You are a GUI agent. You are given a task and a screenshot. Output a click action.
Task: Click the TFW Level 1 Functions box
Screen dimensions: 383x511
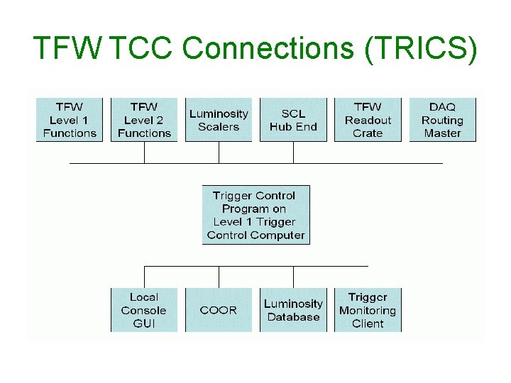[70, 120]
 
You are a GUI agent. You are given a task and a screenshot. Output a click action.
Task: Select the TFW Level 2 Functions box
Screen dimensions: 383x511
[144, 120]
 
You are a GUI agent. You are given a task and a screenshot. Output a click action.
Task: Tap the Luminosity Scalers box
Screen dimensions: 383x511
[219, 120]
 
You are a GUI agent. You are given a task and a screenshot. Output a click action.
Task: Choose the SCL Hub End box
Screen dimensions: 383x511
[293, 120]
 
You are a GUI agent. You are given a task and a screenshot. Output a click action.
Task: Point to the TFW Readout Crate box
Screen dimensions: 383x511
[368, 120]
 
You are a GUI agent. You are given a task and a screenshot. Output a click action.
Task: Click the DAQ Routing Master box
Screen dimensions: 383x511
[442, 120]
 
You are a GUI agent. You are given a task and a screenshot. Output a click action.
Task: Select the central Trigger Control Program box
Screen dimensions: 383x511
[255, 215]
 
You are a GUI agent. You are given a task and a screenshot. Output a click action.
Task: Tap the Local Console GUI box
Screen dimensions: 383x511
[144, 310]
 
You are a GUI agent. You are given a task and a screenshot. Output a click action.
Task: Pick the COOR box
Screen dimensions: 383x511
[219, 310]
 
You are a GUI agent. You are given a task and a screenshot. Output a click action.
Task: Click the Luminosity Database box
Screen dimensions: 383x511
[293, 310]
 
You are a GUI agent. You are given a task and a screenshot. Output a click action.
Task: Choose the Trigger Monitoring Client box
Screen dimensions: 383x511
[368, 310]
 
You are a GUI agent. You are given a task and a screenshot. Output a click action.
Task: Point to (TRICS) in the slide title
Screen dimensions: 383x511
[421, 48]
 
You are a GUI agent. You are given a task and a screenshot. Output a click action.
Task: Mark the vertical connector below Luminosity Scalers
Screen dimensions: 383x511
[219, 152]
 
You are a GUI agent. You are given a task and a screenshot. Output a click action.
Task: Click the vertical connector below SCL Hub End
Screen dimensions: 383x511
[293, 152]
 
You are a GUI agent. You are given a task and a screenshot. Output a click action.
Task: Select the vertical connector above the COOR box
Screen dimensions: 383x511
[219, 277]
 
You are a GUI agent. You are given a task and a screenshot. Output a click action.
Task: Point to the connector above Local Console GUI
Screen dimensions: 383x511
[144, 277]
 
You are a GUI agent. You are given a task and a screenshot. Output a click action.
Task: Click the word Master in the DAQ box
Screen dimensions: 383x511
[442, 133]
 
